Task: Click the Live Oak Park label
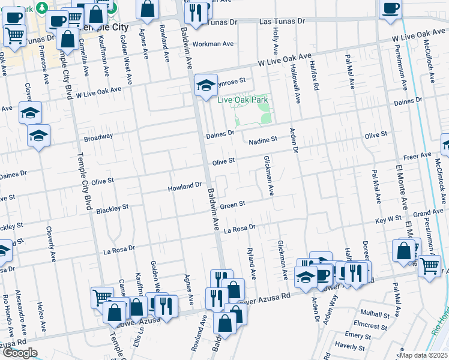tap(243, 100)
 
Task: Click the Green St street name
tap(233, 205)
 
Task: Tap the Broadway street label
tap(98, 137)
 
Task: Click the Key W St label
tap(388, 220)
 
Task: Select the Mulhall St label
tap(375, 314)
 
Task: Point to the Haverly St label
tap(350, 346)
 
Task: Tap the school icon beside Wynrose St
tap(205, 85)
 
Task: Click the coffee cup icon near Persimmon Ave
tap(390, 9)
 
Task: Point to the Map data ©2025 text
tap(423, 355)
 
